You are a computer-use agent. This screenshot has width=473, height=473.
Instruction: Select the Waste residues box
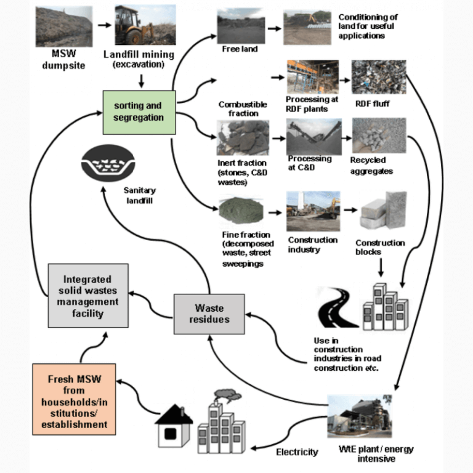(209, 313)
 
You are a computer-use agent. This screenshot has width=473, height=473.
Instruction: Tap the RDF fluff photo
(379, 76)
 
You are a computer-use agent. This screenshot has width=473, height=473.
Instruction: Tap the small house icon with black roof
(172, 428)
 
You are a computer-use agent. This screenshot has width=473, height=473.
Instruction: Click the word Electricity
(297, 452)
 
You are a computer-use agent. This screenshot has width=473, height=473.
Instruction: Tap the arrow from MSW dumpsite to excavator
(105, 26)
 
